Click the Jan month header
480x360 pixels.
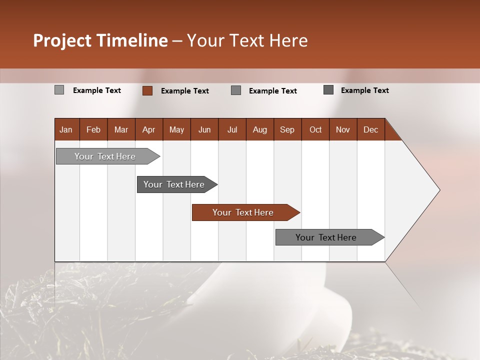point(66,129)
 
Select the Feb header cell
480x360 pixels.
point(93,129)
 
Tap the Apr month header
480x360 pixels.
point(149,129)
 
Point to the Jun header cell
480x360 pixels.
point(204,129)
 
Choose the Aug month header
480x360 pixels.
point(260,129)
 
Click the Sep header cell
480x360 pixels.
point(287,129)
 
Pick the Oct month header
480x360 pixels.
point(315,129)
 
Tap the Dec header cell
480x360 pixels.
point(371,129)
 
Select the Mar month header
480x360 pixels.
point(121,129)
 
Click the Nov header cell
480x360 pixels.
point(343,129)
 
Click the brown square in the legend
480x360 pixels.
point(147,90)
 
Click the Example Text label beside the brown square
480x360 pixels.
point(185,91)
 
